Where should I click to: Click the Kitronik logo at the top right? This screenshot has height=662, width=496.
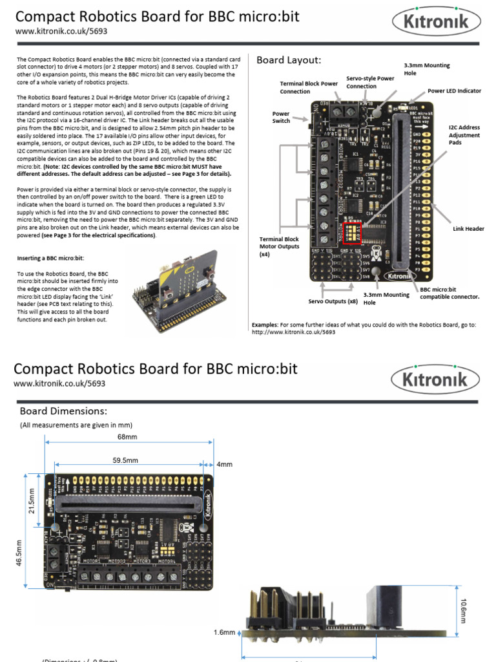(437, 23)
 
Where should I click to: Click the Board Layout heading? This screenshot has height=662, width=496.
(289, 60)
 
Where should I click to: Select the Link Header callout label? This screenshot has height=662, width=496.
(468, 228)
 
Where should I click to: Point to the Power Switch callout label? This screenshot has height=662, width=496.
(281, 116)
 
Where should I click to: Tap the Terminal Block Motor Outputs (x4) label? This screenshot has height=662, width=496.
(280, 246)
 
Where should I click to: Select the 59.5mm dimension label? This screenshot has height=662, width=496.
(125, 460)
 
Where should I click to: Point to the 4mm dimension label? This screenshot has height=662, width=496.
(224, 464)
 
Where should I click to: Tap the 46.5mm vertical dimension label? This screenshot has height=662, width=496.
(19, 553)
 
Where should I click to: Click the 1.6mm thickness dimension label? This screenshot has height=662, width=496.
(225, 632)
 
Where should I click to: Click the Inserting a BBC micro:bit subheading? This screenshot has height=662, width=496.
(54, 258)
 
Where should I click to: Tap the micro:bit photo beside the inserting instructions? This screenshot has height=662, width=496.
(180, 285)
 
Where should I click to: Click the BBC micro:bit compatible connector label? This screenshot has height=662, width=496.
(449, 293)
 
